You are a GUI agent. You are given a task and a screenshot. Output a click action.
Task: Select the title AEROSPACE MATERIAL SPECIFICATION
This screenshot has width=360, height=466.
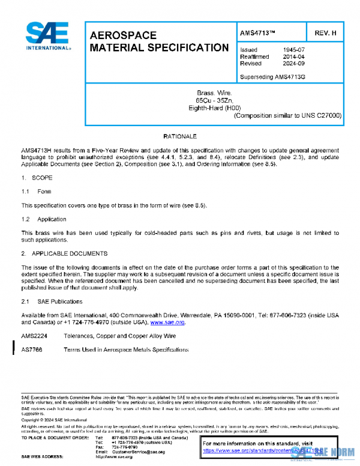158,41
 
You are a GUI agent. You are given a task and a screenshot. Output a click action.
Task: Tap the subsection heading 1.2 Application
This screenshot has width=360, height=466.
44,219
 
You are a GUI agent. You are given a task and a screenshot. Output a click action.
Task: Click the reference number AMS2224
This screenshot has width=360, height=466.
34,337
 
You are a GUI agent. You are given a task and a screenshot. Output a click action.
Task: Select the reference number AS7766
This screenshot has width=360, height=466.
32,349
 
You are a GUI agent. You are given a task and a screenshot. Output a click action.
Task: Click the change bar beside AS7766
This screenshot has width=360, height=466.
14,349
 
